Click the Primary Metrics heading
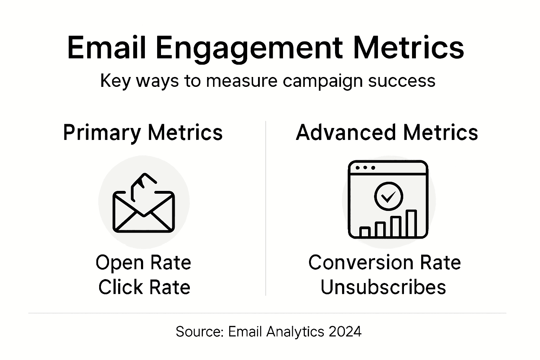point(143,133)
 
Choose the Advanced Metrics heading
point(387,133)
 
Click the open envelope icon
point(143,212)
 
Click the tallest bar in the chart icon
point(411,224)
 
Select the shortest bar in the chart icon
point(365,232)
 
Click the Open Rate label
point(143,263)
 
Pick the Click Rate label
point(144,287)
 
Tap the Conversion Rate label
point(384,263)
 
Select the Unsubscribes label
point(383,287)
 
